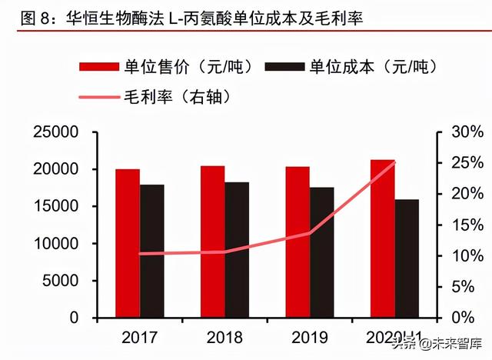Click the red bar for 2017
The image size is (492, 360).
click(x=128, y=243)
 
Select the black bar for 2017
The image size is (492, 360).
click(x=152, y=251)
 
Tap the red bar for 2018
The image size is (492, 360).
click(x=212, y=242)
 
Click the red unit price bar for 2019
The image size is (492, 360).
click(x=298, y=242)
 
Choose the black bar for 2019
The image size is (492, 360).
click(x=322, y=252)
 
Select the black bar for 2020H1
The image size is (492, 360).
click(x=407, y=258)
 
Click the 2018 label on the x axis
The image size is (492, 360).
click(x=224, y=337)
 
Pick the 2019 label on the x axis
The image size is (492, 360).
click(x=310, y=337)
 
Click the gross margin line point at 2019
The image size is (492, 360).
click(x=310, y=233)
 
